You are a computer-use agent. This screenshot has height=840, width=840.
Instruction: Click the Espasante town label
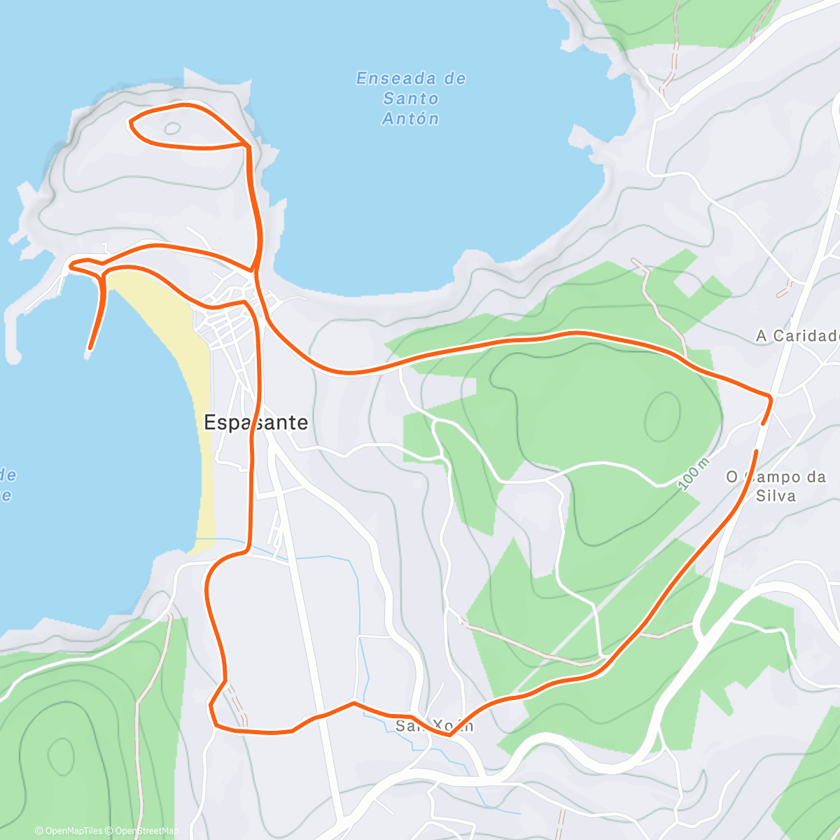pos(255,422)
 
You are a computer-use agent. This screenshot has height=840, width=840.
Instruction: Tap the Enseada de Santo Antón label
pos(411,99)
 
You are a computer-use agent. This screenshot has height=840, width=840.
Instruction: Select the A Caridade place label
pos(797,336)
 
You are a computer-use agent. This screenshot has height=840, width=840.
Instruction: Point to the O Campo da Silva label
pos(776,486)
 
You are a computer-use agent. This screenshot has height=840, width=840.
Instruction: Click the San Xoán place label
pos(434,726)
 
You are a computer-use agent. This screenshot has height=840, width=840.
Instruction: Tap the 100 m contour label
pos(694,474)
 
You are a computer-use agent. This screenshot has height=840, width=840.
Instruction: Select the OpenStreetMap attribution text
pos(143,831)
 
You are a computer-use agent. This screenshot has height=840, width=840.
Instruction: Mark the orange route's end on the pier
pos(90,347)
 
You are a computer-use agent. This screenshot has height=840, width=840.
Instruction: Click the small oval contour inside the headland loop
pos(171,129)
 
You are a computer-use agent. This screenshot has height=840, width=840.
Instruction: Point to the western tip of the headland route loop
pos(131,122)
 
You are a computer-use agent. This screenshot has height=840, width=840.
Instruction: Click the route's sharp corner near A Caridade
pos(771,398)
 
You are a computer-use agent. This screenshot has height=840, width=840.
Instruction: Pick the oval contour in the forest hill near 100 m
pos(662,416)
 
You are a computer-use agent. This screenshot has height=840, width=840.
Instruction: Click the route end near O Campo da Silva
pos(756,451)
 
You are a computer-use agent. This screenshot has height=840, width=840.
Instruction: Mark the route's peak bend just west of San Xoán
pos(353,702)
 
